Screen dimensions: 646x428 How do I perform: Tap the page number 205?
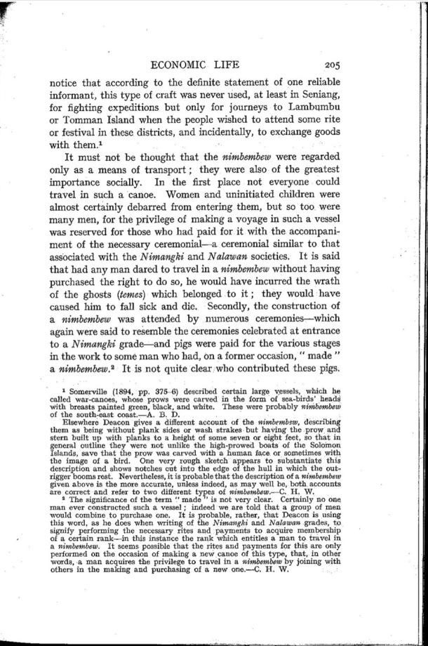click(x=328, y=65)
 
